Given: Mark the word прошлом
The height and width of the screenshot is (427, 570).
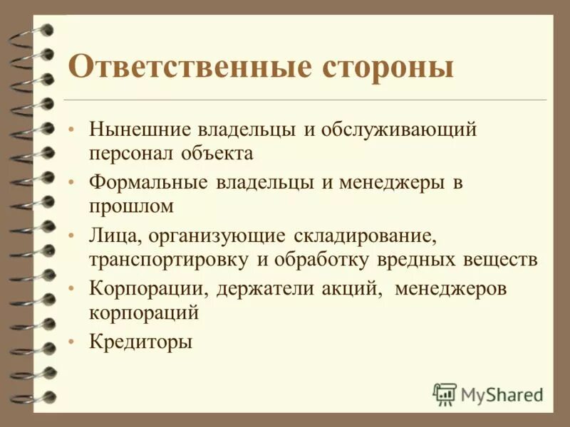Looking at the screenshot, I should (x=131, y=206).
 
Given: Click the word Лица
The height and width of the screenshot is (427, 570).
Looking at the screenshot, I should (x=111, y=236).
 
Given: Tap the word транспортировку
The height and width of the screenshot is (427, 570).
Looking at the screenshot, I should (x=169, y=259).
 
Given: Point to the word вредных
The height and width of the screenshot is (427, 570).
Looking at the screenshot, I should (x=415, y=259).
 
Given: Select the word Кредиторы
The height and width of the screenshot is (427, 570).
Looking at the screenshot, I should (x=141, y=342).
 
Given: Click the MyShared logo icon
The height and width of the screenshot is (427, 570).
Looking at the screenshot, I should (x=445, y=394).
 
